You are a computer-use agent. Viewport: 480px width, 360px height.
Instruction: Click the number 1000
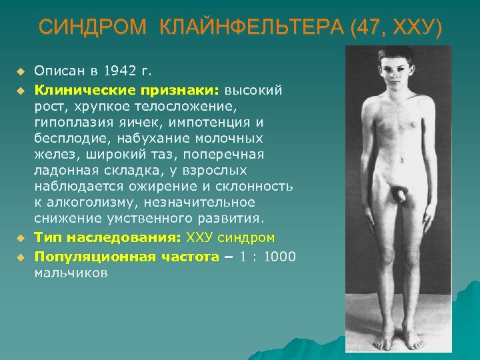click(280, 257)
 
